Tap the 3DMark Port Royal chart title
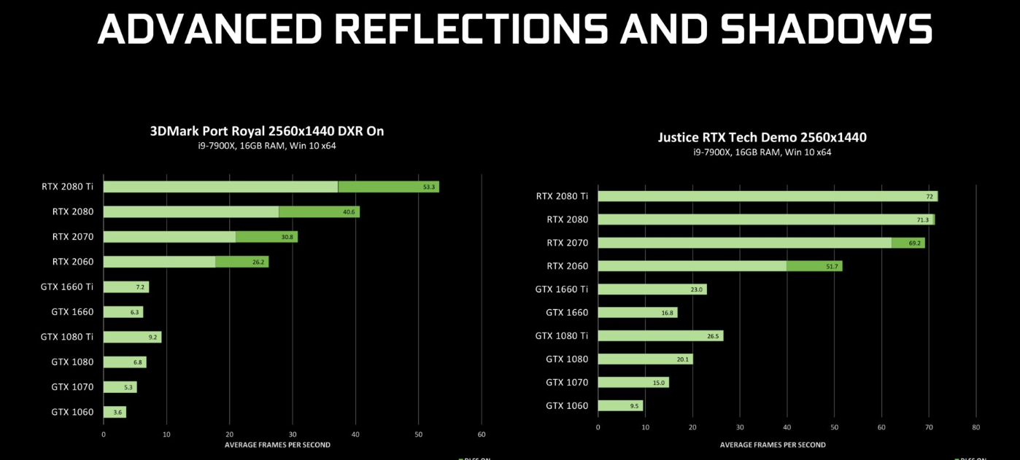point(267,131)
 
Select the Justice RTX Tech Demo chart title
point(762,137)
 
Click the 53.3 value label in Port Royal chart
point(429,187)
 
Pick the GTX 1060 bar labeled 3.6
point(115,413)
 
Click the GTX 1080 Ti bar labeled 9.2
point(132,338)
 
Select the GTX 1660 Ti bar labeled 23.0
point(652,289)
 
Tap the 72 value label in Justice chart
point(930,196)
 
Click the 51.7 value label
point(832,266)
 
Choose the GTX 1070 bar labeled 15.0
point(633,383)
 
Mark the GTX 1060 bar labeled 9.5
point(620,406)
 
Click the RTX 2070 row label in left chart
point(72,237)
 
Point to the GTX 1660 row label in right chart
point(567,313)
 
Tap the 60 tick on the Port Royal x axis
point(482,434)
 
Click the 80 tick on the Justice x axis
point(976,427)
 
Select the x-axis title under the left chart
point(277,445)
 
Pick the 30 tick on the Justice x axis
point(740,427)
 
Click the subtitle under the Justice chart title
point(762,152)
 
